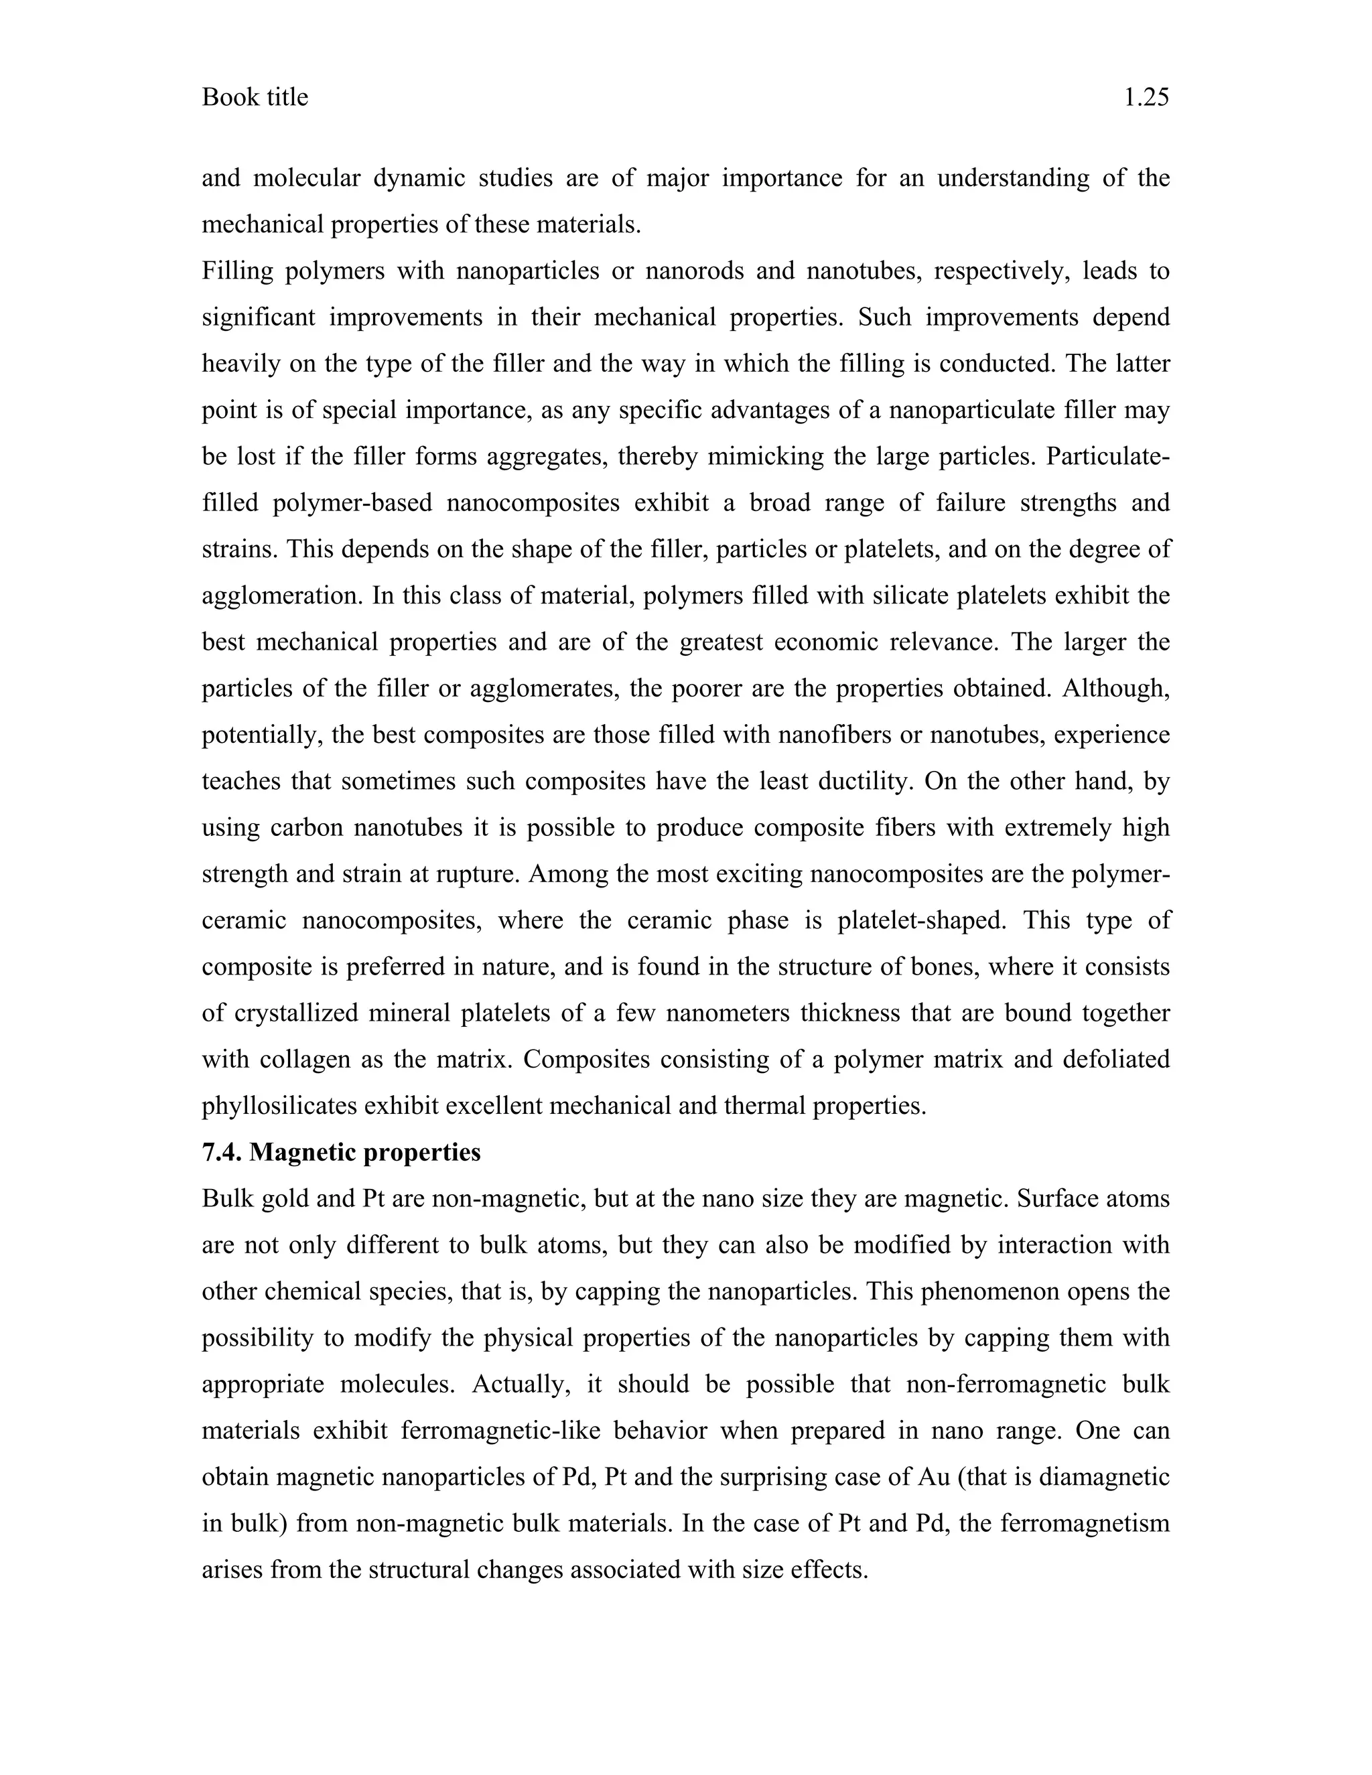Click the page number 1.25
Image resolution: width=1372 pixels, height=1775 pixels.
coord(1146,98)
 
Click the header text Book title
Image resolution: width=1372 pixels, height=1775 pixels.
coord(255,98)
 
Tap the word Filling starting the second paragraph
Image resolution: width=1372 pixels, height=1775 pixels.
coord(237,271)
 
